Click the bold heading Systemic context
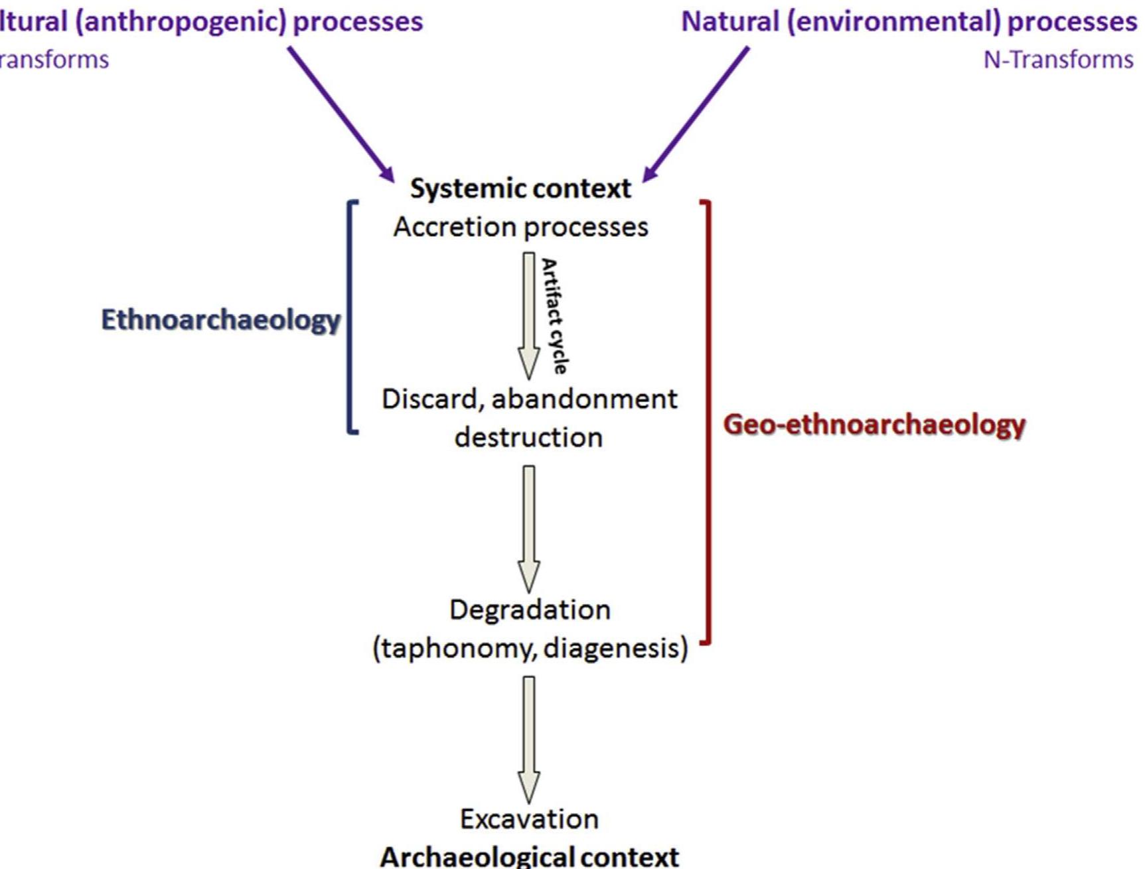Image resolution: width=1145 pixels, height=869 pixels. coord(520,188)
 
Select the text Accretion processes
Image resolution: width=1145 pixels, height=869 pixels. coord(520,228)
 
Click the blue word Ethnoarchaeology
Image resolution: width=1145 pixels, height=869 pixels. coord(220,320)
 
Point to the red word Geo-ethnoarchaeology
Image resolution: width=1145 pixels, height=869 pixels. coord(874,425)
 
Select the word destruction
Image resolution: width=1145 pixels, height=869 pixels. coord(528,438)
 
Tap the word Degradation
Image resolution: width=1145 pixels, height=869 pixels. coord(530,610)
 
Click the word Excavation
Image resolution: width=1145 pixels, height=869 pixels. coord(529,819)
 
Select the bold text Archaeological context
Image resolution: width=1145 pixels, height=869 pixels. coord(529,856)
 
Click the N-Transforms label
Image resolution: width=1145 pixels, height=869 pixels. coord(1057,60)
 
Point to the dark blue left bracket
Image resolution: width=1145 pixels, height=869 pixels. coord(350,317)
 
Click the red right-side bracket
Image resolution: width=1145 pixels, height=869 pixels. coord(708,422)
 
